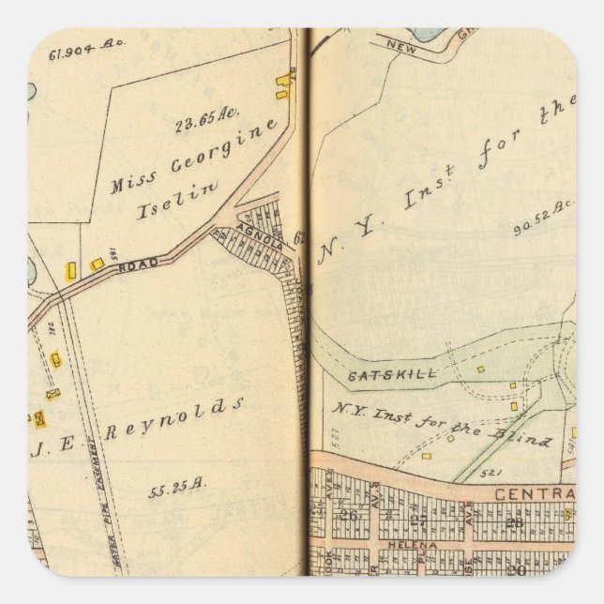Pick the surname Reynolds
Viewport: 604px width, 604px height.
[174, 417]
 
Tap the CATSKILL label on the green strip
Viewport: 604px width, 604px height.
[379, 374]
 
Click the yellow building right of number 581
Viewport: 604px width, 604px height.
[97, 265]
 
